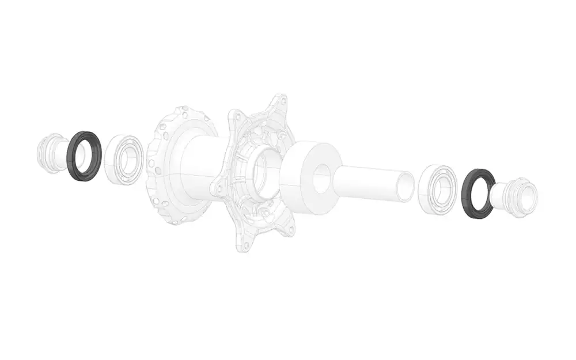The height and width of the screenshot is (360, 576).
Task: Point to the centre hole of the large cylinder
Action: [321, 177]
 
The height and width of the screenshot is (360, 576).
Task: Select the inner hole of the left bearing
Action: [126, 161]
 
